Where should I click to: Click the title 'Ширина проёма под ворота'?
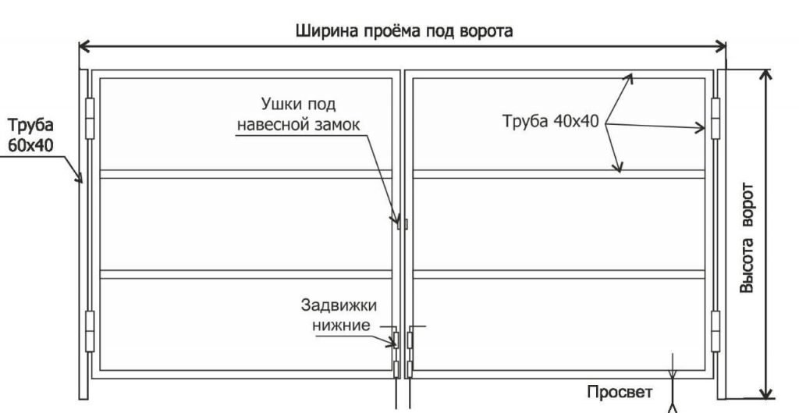[404, 30]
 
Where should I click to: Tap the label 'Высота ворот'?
[746, 237]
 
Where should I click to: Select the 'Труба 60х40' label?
[30, 136]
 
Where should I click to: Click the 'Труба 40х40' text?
[551, 121]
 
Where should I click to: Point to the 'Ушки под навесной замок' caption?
[299, 114]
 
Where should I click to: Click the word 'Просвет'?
[620, 392]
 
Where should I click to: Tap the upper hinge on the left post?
[90, 119]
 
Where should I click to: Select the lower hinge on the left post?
[90, 332]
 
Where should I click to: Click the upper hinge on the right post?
[716, 119]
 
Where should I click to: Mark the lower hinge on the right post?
[716, 332]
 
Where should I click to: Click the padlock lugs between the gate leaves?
[403, 223]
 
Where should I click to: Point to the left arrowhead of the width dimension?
[85, 46]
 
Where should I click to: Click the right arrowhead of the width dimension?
[720, 46]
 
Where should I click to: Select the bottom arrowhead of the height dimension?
[765, 393]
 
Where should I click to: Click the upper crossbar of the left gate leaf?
[246, 174]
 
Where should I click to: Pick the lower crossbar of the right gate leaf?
[559, 274]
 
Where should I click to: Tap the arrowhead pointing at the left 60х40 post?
[79, 177]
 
